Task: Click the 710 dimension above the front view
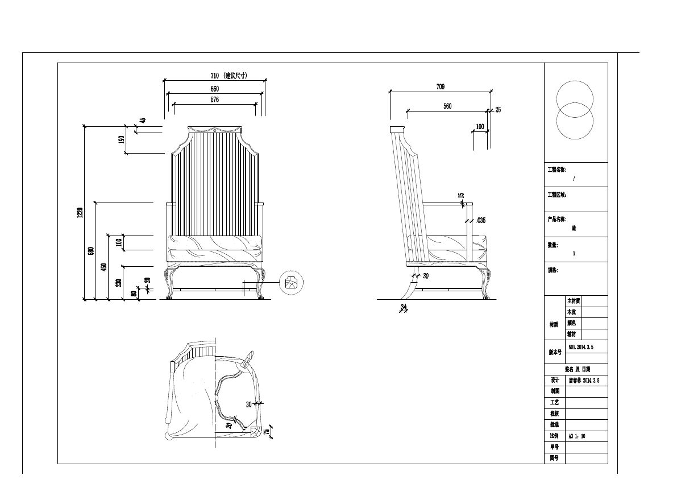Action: pyautogui.click(x=214, y=76)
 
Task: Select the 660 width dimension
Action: pyautogui.click(x=214, y=89)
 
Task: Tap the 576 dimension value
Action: pyautogui.click(x=214, y=100)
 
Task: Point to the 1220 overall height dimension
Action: pyautogui.click(x=81, y=212)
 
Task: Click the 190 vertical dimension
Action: pyautogui.click(x=121, y=139)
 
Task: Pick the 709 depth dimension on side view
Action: pyautogui.click(x=441, y=87)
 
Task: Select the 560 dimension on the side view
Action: pyautogui.click(x=447, y=106)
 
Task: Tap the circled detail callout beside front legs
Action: pyautogui.click(x=292, y=283)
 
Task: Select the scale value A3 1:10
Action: pyautogui.click(x=577, y=436)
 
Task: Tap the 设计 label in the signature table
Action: pyautogui.click(x=555, y=381)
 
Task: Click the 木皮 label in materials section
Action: pyautogui.click(x=571, y=312)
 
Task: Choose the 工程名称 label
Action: pyautogui.click(x=556, y=170)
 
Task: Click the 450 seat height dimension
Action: pyautogui.click(x=103, y=267)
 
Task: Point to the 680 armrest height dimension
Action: pyautogui.click(x=91, y=250)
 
